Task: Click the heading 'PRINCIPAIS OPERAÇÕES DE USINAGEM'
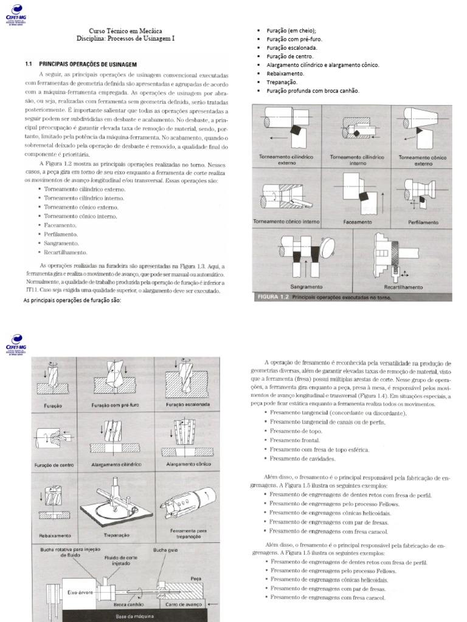point(88,64)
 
